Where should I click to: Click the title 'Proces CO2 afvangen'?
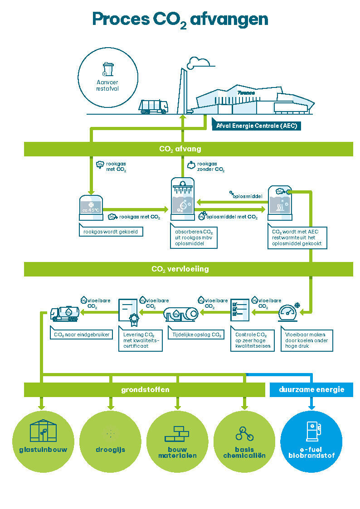pos(180,19)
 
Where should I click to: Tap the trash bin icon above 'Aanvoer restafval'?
pos(107,69)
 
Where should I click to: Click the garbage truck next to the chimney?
pos(153,107)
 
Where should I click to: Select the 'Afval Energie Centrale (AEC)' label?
pos(257,126)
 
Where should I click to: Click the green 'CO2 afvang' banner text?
pos(180,149)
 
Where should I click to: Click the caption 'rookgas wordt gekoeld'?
pos(111,232)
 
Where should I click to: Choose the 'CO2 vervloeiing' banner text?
pos(180,269)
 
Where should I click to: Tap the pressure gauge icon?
pos(289,312)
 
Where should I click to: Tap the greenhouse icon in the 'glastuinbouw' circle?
pos(43,431)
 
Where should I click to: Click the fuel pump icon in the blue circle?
pos(313,431)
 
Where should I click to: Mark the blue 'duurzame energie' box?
pos(311,389)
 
